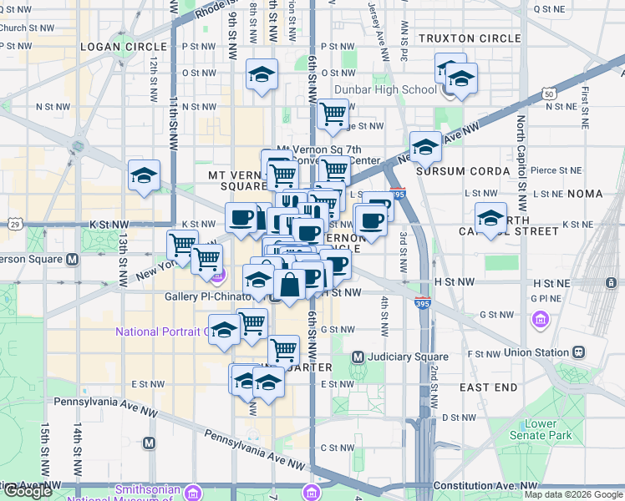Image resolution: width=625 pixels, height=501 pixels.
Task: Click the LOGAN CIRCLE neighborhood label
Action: pos(114,46)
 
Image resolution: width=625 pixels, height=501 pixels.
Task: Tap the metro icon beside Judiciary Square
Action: pos(358,357)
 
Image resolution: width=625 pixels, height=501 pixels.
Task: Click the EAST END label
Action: pos(488,388)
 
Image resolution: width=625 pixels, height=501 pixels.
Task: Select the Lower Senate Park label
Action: pos(541,429)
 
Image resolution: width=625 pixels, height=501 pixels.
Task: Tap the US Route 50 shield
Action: pos(549,94)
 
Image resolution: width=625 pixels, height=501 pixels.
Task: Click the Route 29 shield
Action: pos(15,224)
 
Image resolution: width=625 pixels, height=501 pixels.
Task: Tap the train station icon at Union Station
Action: pos(577,353)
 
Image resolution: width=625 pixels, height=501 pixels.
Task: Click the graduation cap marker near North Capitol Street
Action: pos(490,218)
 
